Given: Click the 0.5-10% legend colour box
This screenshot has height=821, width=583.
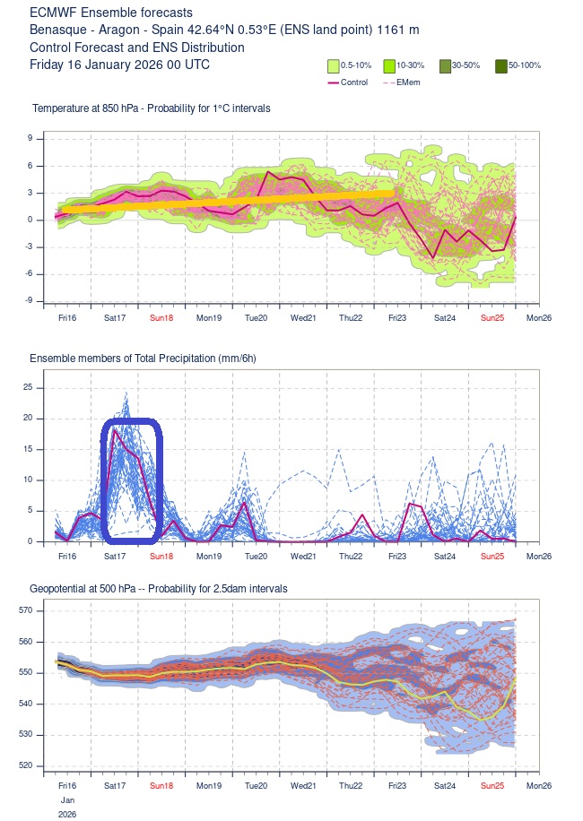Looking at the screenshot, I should coord(333,65).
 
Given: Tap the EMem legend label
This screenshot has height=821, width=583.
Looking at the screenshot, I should coord(408,82).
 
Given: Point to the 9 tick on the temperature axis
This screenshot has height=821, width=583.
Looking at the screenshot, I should coord(30,138).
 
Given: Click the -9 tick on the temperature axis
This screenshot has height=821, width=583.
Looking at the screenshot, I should coord(28,301).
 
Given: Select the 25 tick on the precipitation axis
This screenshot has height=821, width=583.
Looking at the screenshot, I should coord(28,387).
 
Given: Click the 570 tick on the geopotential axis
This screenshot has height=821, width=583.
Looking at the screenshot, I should coord(25,610).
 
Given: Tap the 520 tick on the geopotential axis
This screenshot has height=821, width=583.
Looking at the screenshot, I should coord(25,765).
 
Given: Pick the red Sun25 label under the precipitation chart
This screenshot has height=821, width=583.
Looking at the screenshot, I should coord(492,557).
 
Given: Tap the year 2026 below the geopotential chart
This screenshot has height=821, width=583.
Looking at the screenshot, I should coord(66,815).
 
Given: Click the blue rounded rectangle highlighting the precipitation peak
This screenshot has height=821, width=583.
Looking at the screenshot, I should coord(132,481).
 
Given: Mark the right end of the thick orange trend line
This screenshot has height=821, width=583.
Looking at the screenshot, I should coord(392,193).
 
